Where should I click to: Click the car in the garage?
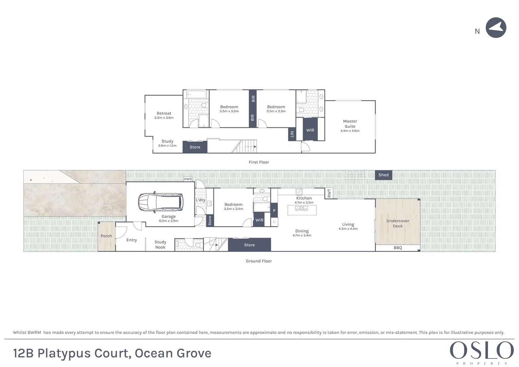(x=160, y=202)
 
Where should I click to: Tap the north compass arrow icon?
(x=496, y=28)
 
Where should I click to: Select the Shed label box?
(x=383, y=175)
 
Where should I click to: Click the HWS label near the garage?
(x=188, y=179)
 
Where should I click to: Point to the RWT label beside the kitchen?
(x=329, y=193)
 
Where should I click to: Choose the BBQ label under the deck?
(x=398, y=248)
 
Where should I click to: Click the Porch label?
(x=106, y=236)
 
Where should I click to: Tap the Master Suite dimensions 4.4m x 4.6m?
(x=350, y=131)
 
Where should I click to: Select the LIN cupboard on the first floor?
(x=292, y=134)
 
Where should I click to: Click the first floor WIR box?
(x=310, y=130)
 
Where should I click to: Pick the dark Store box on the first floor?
(x=195, y=147)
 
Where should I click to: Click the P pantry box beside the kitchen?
(x=274, y=211)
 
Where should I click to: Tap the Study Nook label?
(x=160, y=245)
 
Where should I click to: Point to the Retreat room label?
(x=164, y=113)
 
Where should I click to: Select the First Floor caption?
(x=259, y=162)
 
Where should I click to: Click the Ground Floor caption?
(x=259, y=261)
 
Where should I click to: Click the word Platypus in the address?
(x=64, y=353)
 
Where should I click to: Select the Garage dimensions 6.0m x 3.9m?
(x=169, y=221)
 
